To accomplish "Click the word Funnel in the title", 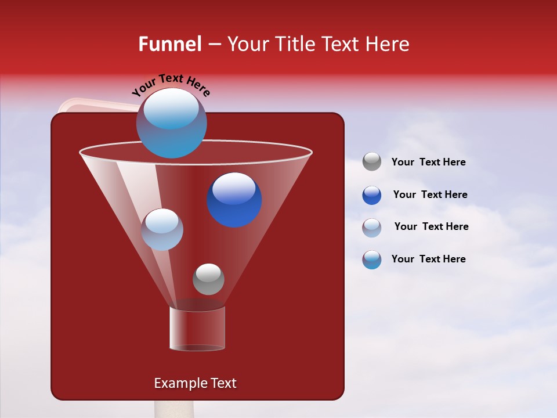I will tap(169, 44).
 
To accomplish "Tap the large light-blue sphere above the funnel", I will tap(171, 123).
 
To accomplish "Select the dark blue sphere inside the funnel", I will tap(234, 200).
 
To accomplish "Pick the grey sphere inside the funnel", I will tap(208, 279).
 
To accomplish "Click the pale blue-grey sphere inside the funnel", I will tap(162, 229).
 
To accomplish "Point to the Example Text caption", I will tap(195, 383).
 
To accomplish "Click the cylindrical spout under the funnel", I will tap(197, 329).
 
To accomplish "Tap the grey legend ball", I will tap(372, 161).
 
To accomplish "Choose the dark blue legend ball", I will tap(372, 195).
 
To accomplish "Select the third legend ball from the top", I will tap(372, 228).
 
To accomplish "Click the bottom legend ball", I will tap(372, 260).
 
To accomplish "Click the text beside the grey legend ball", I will tap(428, 163).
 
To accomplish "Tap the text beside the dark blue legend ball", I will tap(430, 195).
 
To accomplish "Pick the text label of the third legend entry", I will tap(431, 227).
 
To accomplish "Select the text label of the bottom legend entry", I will tap(428, 259).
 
